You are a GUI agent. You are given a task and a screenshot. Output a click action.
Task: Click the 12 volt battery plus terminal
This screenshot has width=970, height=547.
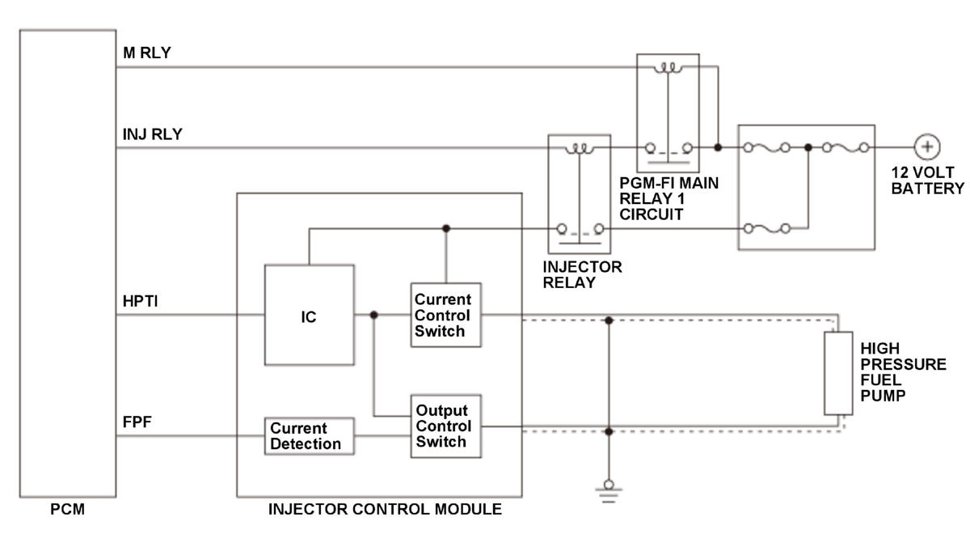click(x=926, y=147)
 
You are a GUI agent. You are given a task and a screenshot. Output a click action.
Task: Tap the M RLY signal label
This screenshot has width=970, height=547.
click(x=147, y=53)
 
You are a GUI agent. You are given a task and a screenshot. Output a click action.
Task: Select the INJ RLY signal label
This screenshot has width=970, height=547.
click(x=153, y=134)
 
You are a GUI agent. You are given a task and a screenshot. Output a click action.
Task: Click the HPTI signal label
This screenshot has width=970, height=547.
click(x=141, y=301)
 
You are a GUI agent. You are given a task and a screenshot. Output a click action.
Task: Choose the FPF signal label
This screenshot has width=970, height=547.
click(x=137, y=422)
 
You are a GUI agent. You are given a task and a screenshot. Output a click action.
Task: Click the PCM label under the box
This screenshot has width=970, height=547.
click(x=68, y=509)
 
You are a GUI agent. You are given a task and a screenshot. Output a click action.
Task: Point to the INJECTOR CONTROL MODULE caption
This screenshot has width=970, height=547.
click(x=385, y=509)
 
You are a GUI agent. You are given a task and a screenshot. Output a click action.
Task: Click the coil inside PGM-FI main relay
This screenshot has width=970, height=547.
click(x=668, y=69)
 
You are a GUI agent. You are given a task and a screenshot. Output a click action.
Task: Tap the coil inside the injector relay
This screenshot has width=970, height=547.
click(x=580, y=149)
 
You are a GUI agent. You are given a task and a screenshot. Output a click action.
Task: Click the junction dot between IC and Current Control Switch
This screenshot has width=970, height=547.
click(x=373, y=315)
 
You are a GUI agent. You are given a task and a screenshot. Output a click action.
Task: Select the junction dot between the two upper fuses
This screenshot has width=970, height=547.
click(x=808, y=147)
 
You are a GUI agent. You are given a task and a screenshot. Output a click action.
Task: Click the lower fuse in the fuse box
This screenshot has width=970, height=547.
click(x=767, y=228)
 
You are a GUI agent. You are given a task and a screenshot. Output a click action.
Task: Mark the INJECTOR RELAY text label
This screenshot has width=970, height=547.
click(x=582, y=275)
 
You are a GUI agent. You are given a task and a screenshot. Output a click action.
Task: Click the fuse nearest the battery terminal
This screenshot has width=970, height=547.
click(x=846, y=148)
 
